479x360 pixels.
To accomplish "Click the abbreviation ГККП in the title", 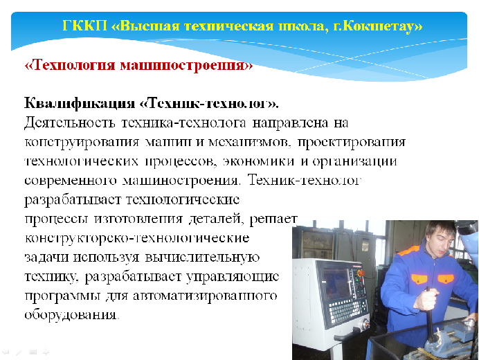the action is [x=84, y=26].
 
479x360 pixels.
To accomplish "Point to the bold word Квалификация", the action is [x=80, y=103].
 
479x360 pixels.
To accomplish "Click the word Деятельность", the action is [x=70, y=123].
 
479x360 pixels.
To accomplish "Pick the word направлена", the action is [x=290, y=123].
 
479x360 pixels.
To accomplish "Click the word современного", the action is [x=71, y=180].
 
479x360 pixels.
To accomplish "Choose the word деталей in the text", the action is [x=216, y=219].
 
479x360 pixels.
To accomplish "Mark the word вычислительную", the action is [x=202, y=257].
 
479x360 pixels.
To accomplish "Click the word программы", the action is [x=62, y=296].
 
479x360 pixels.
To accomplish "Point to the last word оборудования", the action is [x=71, y=315].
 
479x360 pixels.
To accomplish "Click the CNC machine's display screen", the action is [x=336, y=282].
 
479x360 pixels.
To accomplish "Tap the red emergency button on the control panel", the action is [x=361, y=273].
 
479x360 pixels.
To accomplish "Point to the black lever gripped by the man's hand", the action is [x=429, y=315].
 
